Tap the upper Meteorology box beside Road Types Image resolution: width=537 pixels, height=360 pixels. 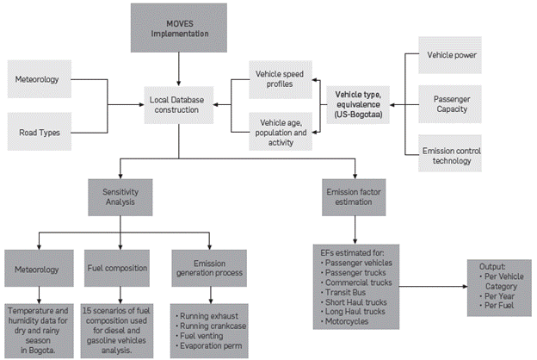pyautogui.click(x=44, y=80)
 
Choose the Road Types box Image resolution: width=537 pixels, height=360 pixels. pyautogui.click(x=44, y=133)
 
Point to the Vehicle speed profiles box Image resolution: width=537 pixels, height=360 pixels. pyautogui.click(x=281, y=78)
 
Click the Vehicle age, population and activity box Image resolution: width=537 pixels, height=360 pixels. pyautogui.click(x=281, y=129)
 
